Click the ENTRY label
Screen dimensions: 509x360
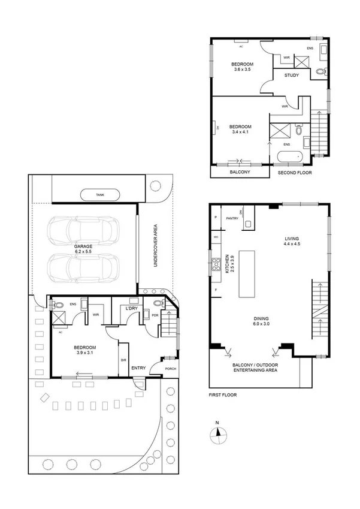coord(138,368)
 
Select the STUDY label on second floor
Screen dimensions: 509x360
coord(292,76)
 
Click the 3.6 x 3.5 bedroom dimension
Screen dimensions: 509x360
coord(243,70)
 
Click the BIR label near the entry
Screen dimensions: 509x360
coord(124,360)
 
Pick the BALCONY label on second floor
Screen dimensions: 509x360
coord(240,173)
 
